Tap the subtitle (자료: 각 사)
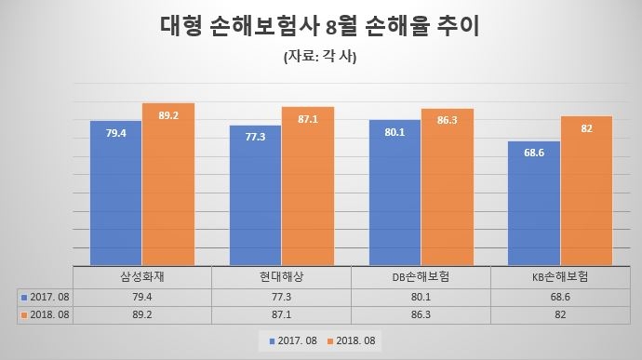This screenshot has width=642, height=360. point(320,58)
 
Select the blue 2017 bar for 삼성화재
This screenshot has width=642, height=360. point(115,193)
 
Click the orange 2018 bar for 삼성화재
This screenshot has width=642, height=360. point(167,184)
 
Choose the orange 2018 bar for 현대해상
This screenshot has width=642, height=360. point(308,186)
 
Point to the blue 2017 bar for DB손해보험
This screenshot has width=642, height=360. point(395,192)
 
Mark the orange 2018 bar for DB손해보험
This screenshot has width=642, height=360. point(448,187)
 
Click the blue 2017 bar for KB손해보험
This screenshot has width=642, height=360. point(534,203)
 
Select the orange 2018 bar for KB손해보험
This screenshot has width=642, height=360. point(586,191)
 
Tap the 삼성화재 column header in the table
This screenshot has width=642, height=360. point(141,277)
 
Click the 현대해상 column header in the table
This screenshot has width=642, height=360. point(281,277)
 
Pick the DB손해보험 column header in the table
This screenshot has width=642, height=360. point(421,277)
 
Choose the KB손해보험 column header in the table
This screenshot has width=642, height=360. point(560,277)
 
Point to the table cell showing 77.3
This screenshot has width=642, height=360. point(281,296)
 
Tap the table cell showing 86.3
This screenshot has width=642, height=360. point(421,314)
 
